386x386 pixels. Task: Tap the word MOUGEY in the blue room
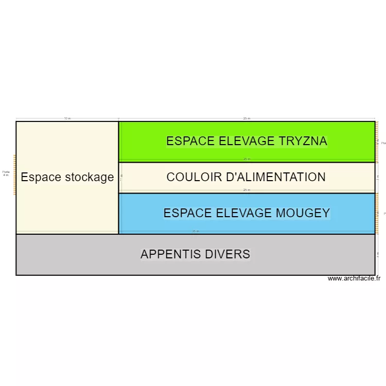304,213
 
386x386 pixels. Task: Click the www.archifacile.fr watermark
354,278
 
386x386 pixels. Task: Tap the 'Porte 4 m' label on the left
6,173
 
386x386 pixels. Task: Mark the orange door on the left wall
14,174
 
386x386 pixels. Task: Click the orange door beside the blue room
376,213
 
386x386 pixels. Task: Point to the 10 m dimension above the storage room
67,118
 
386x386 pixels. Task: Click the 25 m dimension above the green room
247,118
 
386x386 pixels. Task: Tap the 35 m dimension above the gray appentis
195,232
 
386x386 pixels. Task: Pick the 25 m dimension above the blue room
247,190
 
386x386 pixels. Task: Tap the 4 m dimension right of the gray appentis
378,254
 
